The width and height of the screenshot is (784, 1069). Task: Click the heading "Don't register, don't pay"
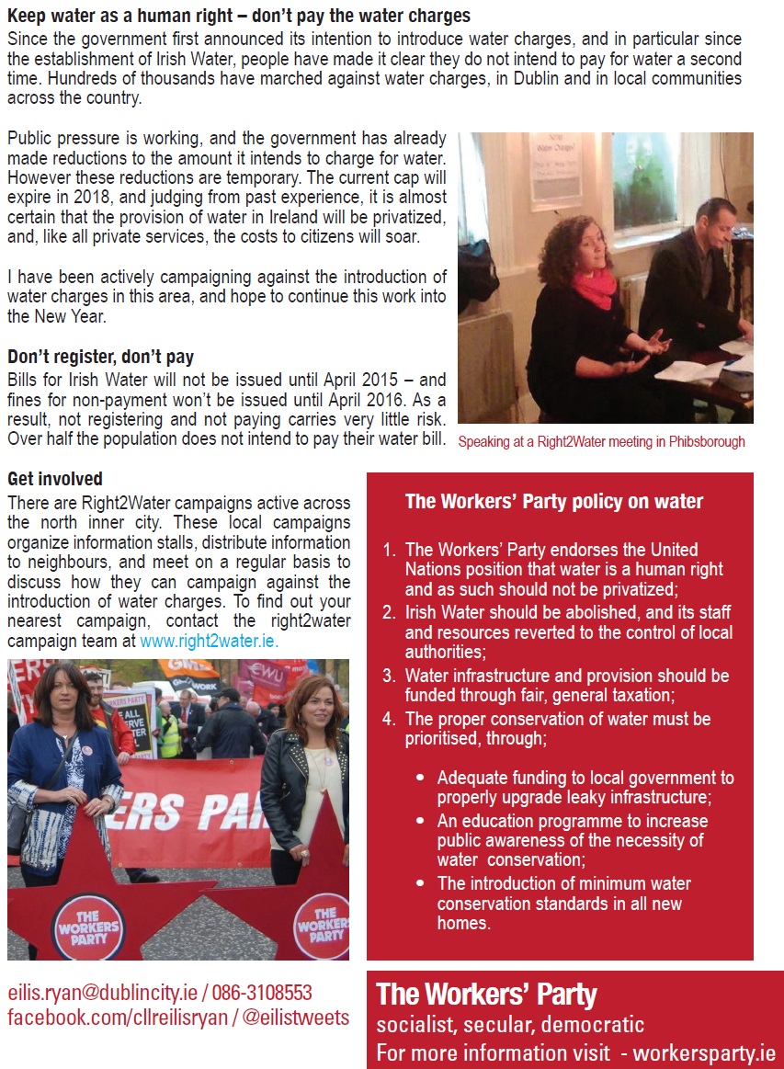(x=100, y=357)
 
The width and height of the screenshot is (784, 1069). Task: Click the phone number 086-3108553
(x=263, y=993)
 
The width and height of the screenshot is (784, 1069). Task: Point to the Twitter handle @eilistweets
(x=296, y=1018)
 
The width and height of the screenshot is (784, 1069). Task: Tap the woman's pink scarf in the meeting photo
(x=595, y=287)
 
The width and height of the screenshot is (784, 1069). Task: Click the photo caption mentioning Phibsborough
(x=601, y=442)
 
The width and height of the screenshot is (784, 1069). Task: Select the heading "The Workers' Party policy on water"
(x=554, y=502)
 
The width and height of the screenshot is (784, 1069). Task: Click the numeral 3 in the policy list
(x=389, y=676)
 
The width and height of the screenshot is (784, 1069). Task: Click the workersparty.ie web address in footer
(x=704, y=1052)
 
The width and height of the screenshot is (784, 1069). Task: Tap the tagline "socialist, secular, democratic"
(x=510, y=1024)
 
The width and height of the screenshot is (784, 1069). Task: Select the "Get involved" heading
(x=54, y=479)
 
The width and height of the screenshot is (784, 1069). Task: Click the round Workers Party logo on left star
(x=88, y=926)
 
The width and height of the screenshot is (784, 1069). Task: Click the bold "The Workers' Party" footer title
(x=486, y=994)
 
